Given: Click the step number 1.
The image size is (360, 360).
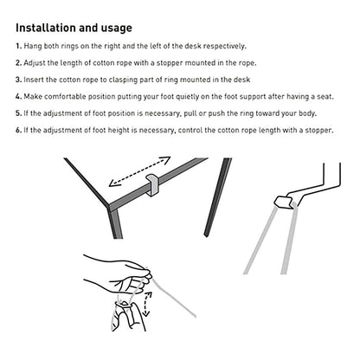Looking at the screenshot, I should point(19,45).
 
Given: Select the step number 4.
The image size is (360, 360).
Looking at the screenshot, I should point(19,96).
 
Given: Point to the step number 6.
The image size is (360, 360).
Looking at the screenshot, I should point(19,130).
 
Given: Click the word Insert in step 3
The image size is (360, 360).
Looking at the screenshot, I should point(38,79).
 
